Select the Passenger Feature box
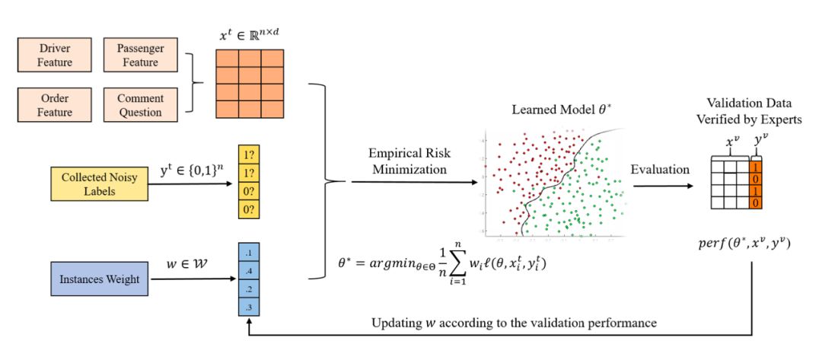click(139, 56)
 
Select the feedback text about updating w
click(513, 322)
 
